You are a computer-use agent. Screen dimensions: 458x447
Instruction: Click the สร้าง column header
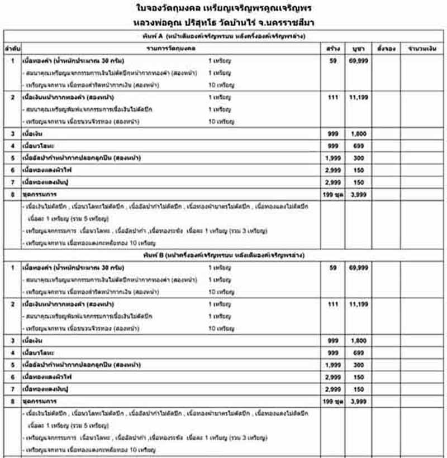(333, 49)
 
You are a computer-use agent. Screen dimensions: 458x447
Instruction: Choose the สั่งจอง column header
(386, 49)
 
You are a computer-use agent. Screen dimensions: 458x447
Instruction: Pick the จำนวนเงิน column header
(422, 49)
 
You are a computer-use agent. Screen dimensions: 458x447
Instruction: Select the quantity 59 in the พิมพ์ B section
(333, 268)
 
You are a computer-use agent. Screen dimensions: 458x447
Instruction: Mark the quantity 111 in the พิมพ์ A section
(333, 97)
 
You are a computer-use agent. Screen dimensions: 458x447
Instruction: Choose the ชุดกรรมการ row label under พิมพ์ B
(41, 401)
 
